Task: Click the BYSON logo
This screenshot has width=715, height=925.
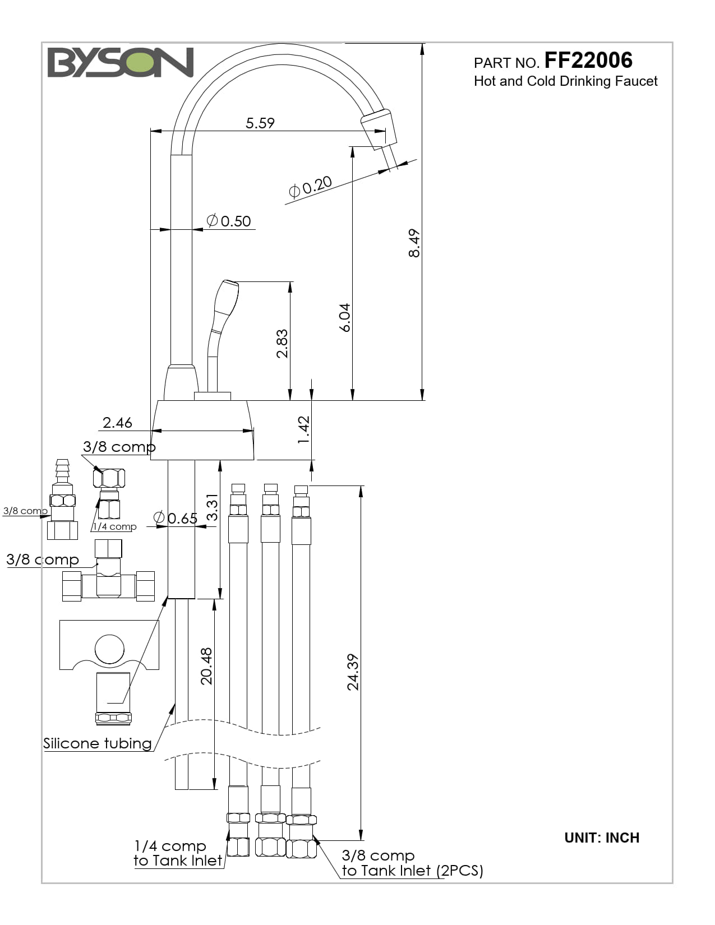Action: tap(120, 62)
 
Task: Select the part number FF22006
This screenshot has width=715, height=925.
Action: tap(588, 60)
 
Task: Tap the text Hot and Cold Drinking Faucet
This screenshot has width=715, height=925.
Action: tap(565, 81)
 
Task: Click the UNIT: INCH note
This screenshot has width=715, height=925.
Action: tap(602, 838)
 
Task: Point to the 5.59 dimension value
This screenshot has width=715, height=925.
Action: tap(260, 123)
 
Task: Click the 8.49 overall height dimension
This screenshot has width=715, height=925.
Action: tap(414, 243)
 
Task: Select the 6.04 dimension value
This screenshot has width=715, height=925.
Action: tap(344, 317)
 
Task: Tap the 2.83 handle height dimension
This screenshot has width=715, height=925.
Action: tap(282, 344)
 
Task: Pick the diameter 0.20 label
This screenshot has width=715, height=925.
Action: tap(310, 187)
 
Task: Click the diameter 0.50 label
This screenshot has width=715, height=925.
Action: tap(229, 221)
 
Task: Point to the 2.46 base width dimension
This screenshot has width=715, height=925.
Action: tap(117, 423)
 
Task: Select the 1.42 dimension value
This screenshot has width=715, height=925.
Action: tap(303, 430)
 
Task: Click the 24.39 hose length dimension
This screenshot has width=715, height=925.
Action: tap(353, 672)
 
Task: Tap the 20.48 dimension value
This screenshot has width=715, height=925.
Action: tap(206, 666)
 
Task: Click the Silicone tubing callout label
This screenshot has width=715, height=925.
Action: tap(98, 743)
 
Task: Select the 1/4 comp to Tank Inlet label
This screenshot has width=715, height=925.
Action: tap(178, 853)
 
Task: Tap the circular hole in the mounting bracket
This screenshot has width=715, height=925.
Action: tap(109, 649)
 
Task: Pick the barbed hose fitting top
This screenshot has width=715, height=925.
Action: tap(62, 471)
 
